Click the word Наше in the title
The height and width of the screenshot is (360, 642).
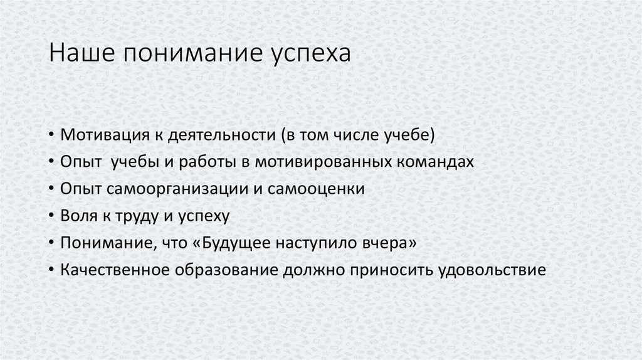point(82,53)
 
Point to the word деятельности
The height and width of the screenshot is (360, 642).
point(221,135)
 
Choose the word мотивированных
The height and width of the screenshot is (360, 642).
point(323,162)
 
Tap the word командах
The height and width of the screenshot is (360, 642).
point(435,162)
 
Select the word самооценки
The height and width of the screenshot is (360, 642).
point(316,189)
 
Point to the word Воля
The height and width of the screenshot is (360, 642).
point(79,216)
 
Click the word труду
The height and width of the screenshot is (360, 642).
point(137,216)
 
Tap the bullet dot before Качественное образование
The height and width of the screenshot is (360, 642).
point(51,270)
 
